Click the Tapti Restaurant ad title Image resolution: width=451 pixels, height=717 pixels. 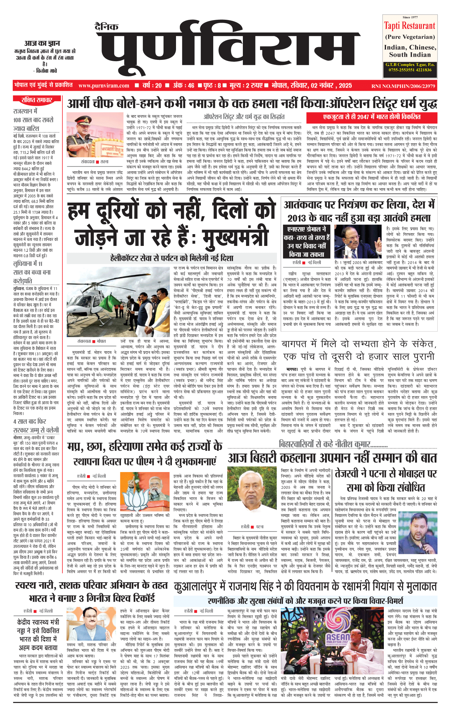click(x=410, y=25)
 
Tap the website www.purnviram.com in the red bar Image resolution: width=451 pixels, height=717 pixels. click(x=104, y=85)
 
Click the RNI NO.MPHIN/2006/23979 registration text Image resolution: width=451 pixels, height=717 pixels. click(x=403, y=86)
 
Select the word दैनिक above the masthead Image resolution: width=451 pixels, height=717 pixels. click(x=107, y=27)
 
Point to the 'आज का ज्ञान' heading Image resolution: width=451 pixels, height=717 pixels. click(x=42, y=43)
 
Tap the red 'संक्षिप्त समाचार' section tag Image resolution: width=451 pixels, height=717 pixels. click(x=37, y=100)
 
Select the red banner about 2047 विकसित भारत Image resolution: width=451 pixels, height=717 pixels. click(x=371, y=117)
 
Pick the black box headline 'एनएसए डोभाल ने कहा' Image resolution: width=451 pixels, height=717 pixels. click(x=307, y=242)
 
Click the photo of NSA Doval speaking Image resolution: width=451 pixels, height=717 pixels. click(x=358, y=241)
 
